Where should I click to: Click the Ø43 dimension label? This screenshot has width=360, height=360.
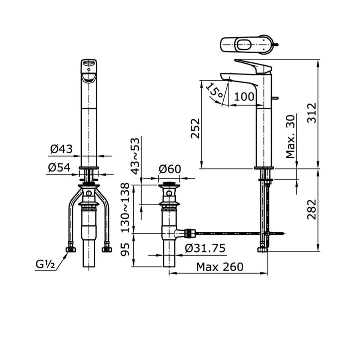[61, 149]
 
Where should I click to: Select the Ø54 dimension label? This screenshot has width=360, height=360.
[60, 168]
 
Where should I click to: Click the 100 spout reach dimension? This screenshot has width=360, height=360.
[244, 97]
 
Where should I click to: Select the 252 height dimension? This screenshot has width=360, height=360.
[195, 129]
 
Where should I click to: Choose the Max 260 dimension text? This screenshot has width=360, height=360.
[219, 267]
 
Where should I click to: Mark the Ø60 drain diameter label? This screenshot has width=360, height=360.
[170, 169]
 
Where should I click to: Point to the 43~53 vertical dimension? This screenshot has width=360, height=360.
[134, 156]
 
